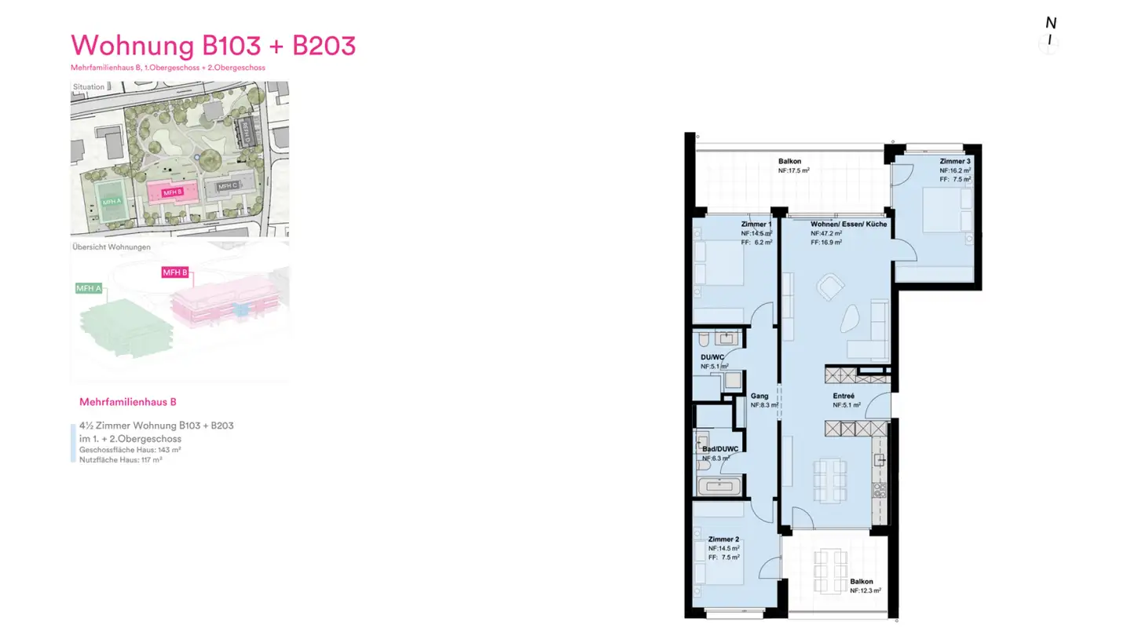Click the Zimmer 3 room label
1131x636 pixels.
[x=955, y=161]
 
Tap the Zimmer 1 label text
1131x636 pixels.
[x=756, y=225]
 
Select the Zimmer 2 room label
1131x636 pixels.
[x=723, y=539]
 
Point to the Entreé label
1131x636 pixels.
[x=844, y=396]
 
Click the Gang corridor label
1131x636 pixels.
[x=759, y=396]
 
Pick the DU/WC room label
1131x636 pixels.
[x=712, y=357]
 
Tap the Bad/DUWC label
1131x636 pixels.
[x=720, y=448]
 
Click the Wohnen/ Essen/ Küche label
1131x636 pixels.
[x=849, y=225]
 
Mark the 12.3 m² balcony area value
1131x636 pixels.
[x=866, y=590]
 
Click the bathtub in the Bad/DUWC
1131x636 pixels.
[x=719, y=486]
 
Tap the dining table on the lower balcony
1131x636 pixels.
[x=830, y=572]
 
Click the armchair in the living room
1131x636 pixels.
[x=829, y=287]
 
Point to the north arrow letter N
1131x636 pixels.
[x=1050, y=24]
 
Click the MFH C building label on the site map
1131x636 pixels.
[x=227, y=186]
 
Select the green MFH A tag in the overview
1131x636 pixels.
[x=89, y=288]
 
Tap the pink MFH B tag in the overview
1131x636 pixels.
[x=175, y=272]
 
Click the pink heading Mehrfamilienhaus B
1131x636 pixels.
[x=128, y=402]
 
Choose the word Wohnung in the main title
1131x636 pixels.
[x=132, y=46]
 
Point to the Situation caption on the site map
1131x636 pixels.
[x=88, y=87]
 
